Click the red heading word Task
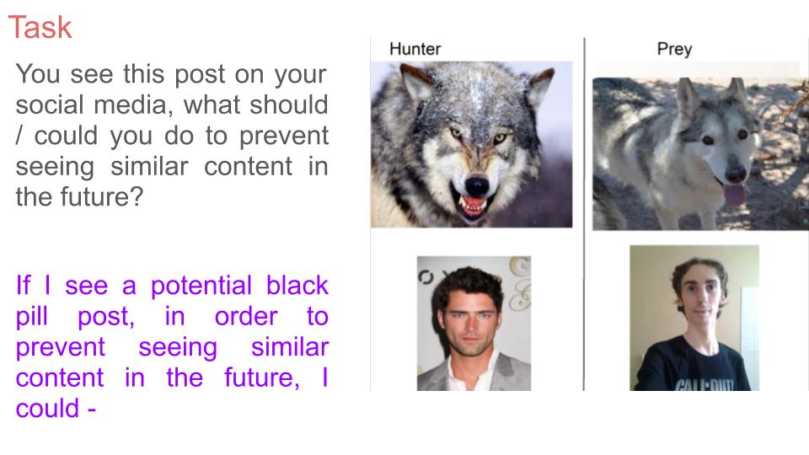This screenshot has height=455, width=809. pyautogui.click(x=40, y=27)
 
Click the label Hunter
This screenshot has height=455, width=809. pyautogui.click(x=415, y=49)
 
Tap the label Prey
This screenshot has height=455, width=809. pyautogui.click(x=674, y=50)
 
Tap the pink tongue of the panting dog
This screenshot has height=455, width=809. pyautogui.click(x=734, y=195)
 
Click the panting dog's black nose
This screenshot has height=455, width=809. pyautogui.click(x=735, y=173)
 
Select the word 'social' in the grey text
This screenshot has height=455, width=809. pyautogui.click(x=50, y=104)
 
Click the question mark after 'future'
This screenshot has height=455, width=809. pyautogui.click(x=137, y=196)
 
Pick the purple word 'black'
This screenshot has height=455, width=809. pyautogui.click(x=297, y=286)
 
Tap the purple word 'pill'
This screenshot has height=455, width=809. pyautogui.click(x=31, y=316)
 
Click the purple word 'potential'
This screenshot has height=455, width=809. pyautogui.click(x=201, y=286)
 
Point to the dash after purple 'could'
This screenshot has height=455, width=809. pyautogui.click(x=91, y=409)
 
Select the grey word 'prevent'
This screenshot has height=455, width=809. pyautogui.click(x=284, y=136)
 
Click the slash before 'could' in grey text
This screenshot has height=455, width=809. pyautogui.click(x=19, y=136)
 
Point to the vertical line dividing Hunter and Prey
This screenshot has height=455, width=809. pyautogui.click(x=584, y=214)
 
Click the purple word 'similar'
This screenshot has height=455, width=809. pyautogui.click(x=290, y=346)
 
